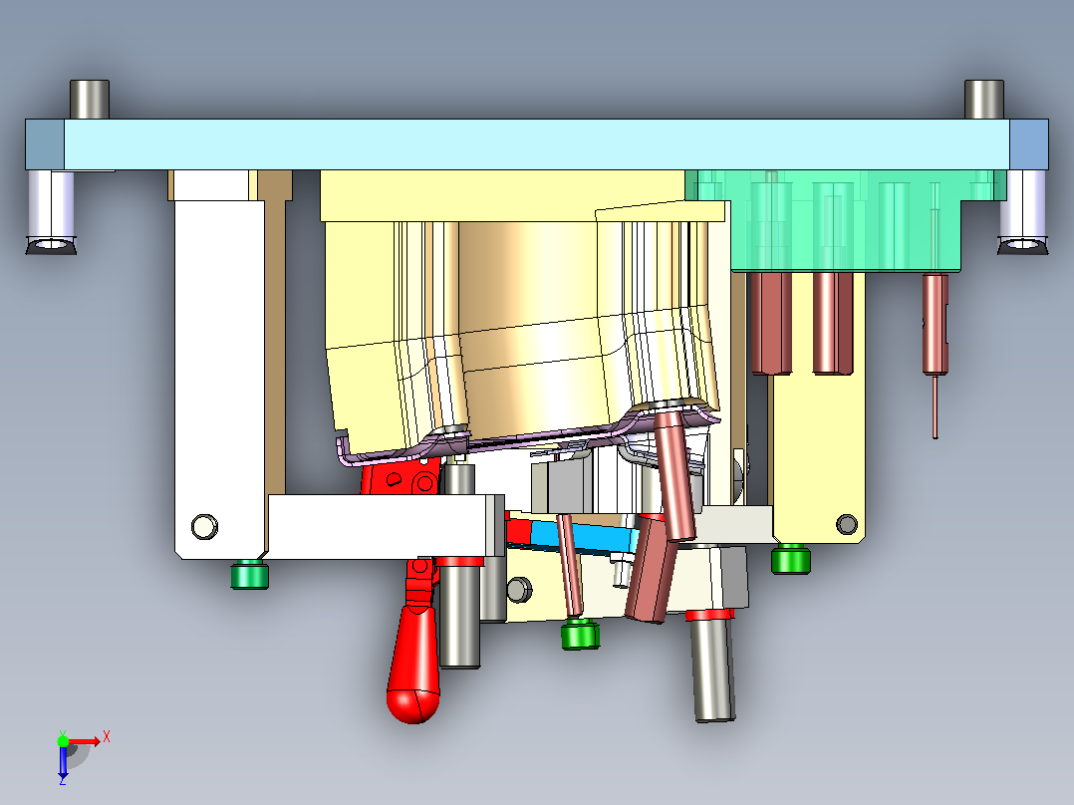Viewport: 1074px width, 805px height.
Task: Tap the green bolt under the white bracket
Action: pos(249,574)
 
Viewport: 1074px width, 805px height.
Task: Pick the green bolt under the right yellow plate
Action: pos(791,559)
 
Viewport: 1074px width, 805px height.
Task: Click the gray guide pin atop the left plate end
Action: pos(90,100)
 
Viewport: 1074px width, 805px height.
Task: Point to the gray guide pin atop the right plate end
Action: pos(984,100)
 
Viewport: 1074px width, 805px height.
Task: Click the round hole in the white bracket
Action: pos(204,527)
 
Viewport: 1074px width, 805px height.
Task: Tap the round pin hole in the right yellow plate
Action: pos(847,524)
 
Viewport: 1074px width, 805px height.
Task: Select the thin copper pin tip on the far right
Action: pos(936,406)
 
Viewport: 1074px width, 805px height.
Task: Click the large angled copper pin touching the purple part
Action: pos(673,472)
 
